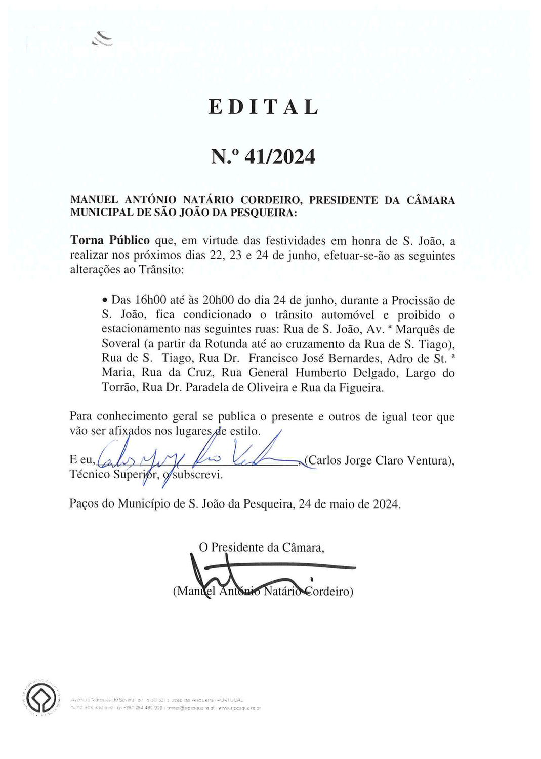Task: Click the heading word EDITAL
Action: pos(264,107)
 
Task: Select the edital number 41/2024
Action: pos(280,157)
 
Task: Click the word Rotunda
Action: pos(226,344)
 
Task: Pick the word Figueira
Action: pos(362,388)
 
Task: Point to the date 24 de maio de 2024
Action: pos(349,504)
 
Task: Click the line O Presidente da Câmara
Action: pos(262,547)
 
